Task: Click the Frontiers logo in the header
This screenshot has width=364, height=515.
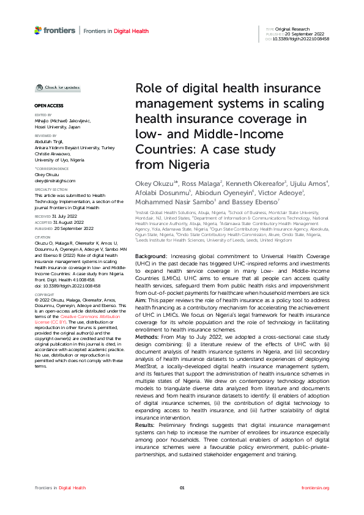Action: tap(55, 30)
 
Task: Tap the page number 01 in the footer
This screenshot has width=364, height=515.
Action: tap(182, 487)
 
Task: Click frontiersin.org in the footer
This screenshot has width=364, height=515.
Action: tap(316, 487)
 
